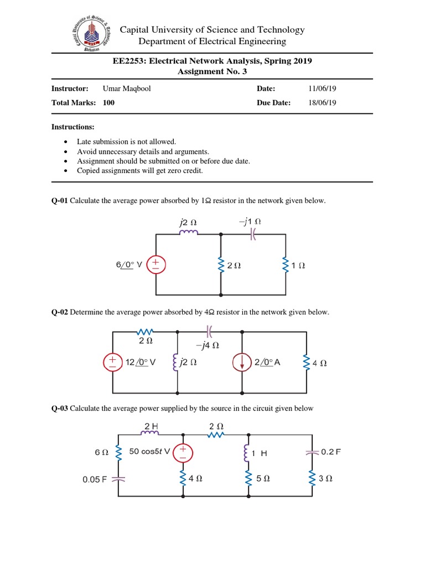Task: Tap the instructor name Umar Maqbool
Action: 126,88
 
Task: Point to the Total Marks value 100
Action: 108,102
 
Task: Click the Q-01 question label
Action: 59,200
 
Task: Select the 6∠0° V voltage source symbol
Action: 156,264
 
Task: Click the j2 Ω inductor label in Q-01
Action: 188,222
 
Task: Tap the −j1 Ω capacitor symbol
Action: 253,234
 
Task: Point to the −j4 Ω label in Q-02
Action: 208,345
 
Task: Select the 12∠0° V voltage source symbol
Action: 113,363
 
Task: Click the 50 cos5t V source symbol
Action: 182,453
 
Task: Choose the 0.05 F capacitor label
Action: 95,479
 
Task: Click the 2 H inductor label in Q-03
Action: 151,426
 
